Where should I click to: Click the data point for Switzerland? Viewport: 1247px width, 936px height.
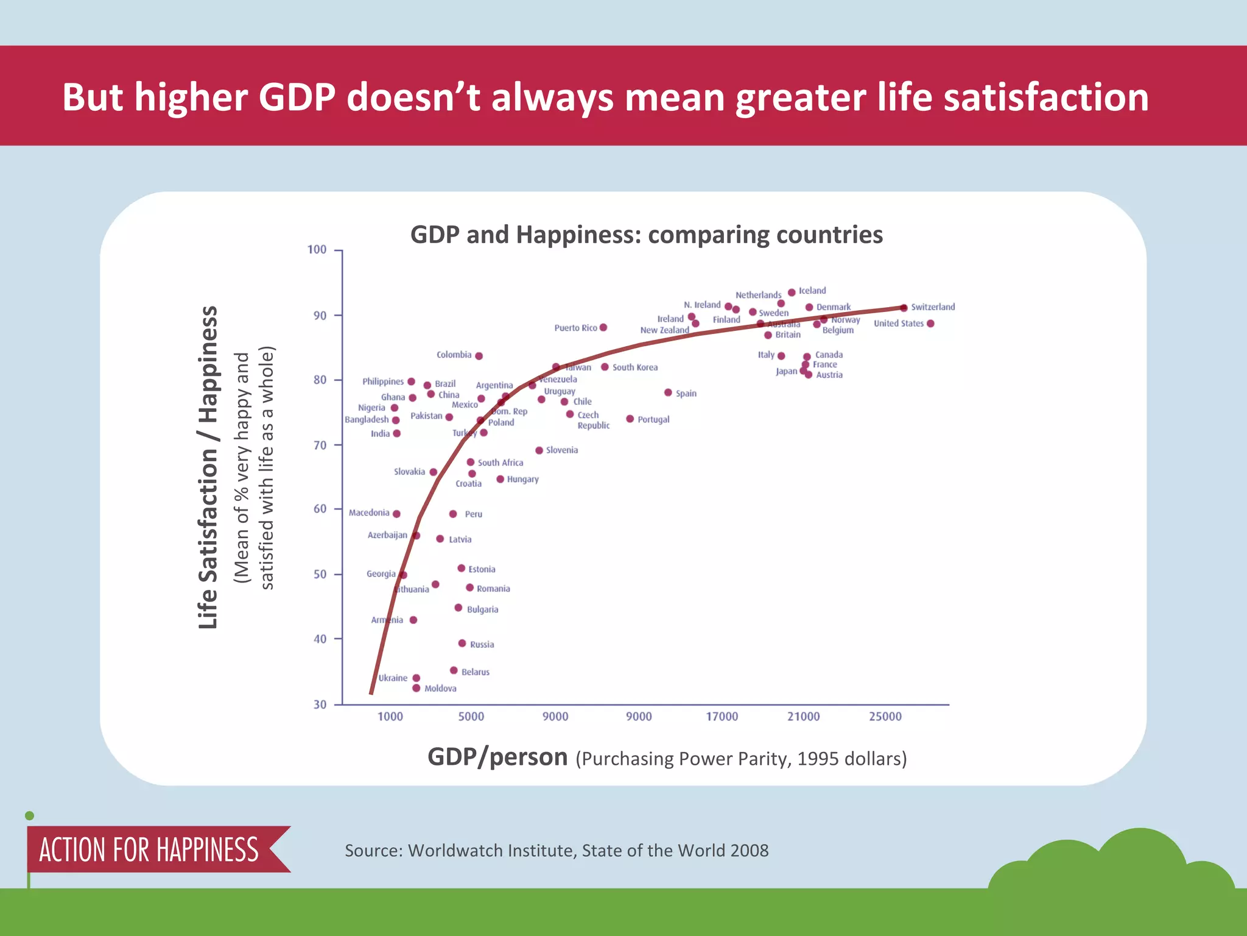904,308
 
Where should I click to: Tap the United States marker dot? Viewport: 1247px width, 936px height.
930,324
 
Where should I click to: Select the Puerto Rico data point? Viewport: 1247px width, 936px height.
603,327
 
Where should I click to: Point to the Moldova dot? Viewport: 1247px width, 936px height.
416,688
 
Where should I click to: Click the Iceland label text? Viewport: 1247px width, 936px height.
812,291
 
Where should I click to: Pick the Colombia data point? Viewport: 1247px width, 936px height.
479,356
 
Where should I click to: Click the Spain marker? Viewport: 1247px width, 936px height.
668,392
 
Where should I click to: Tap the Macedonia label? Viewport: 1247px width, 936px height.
369,513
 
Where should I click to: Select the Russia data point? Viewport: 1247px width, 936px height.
462,643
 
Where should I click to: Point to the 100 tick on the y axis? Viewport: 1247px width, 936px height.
317,250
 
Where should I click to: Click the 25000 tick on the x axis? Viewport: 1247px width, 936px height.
885,717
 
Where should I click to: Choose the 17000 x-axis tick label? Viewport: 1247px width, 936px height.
722,717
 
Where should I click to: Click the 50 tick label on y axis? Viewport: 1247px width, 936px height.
320,575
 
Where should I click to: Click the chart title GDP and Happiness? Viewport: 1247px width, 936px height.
646,235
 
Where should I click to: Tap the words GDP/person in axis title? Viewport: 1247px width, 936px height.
497,757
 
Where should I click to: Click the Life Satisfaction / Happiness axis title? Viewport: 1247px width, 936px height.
208,467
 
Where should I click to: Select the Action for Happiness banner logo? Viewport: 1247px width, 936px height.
149,849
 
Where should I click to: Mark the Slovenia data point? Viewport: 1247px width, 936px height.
539,450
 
